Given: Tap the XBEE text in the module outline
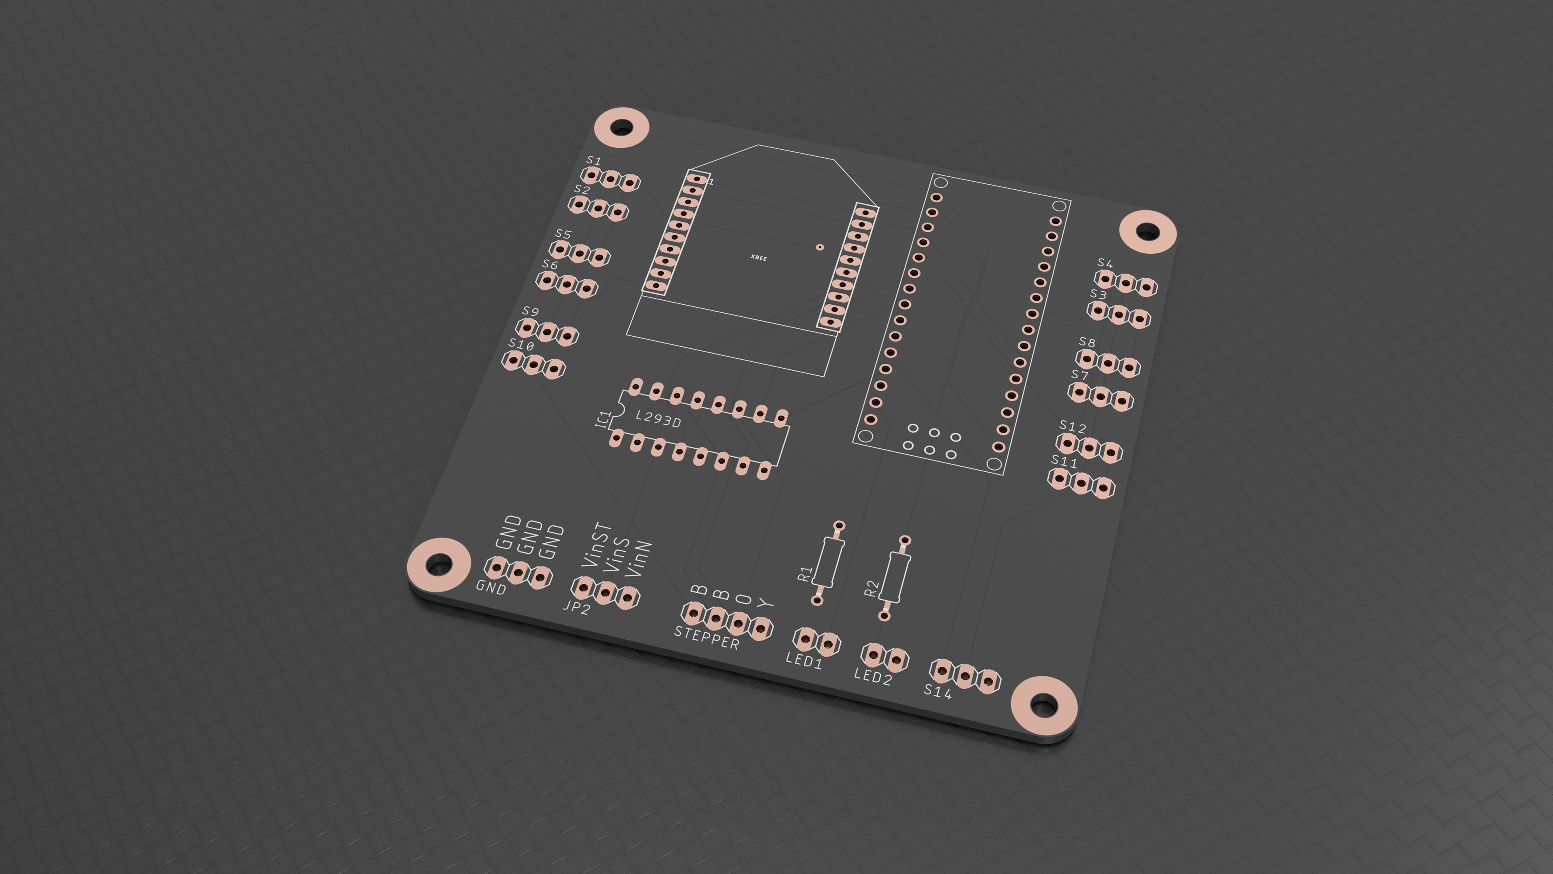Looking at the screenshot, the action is [758, 258].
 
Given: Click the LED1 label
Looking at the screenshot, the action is [804, 660].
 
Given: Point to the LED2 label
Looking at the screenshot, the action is [872, 676].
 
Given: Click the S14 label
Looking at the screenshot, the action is [937, 691].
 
